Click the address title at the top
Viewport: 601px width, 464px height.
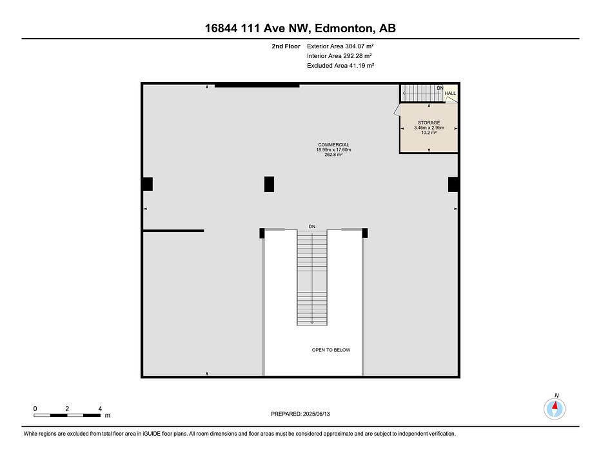(300, 28)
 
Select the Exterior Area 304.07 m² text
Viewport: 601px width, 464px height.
(340, 46)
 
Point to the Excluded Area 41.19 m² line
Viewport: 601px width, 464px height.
(340, 66)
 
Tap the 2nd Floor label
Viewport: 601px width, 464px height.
(286, 46)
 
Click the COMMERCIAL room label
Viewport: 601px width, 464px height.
(333, 145)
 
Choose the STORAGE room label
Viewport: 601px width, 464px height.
(429, 122)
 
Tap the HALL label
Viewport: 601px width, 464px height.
(450, 93)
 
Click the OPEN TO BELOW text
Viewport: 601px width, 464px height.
(331, 350)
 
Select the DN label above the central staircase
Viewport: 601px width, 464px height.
(312, 226)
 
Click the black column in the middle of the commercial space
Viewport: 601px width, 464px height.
(269, 184)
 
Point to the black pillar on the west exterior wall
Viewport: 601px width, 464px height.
(148, 184)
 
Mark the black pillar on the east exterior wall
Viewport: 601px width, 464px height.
(453, 184)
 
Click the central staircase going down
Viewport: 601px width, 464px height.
(312, 277)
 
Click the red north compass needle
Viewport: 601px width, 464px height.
(555, 405)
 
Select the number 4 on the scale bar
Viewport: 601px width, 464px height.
(100, 409)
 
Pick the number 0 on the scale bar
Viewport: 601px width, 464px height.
(35, 409)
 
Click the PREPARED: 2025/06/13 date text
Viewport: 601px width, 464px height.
(300, 414)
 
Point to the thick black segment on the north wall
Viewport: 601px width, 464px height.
(257, 86)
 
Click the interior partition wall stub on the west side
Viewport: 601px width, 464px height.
(173, 231)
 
